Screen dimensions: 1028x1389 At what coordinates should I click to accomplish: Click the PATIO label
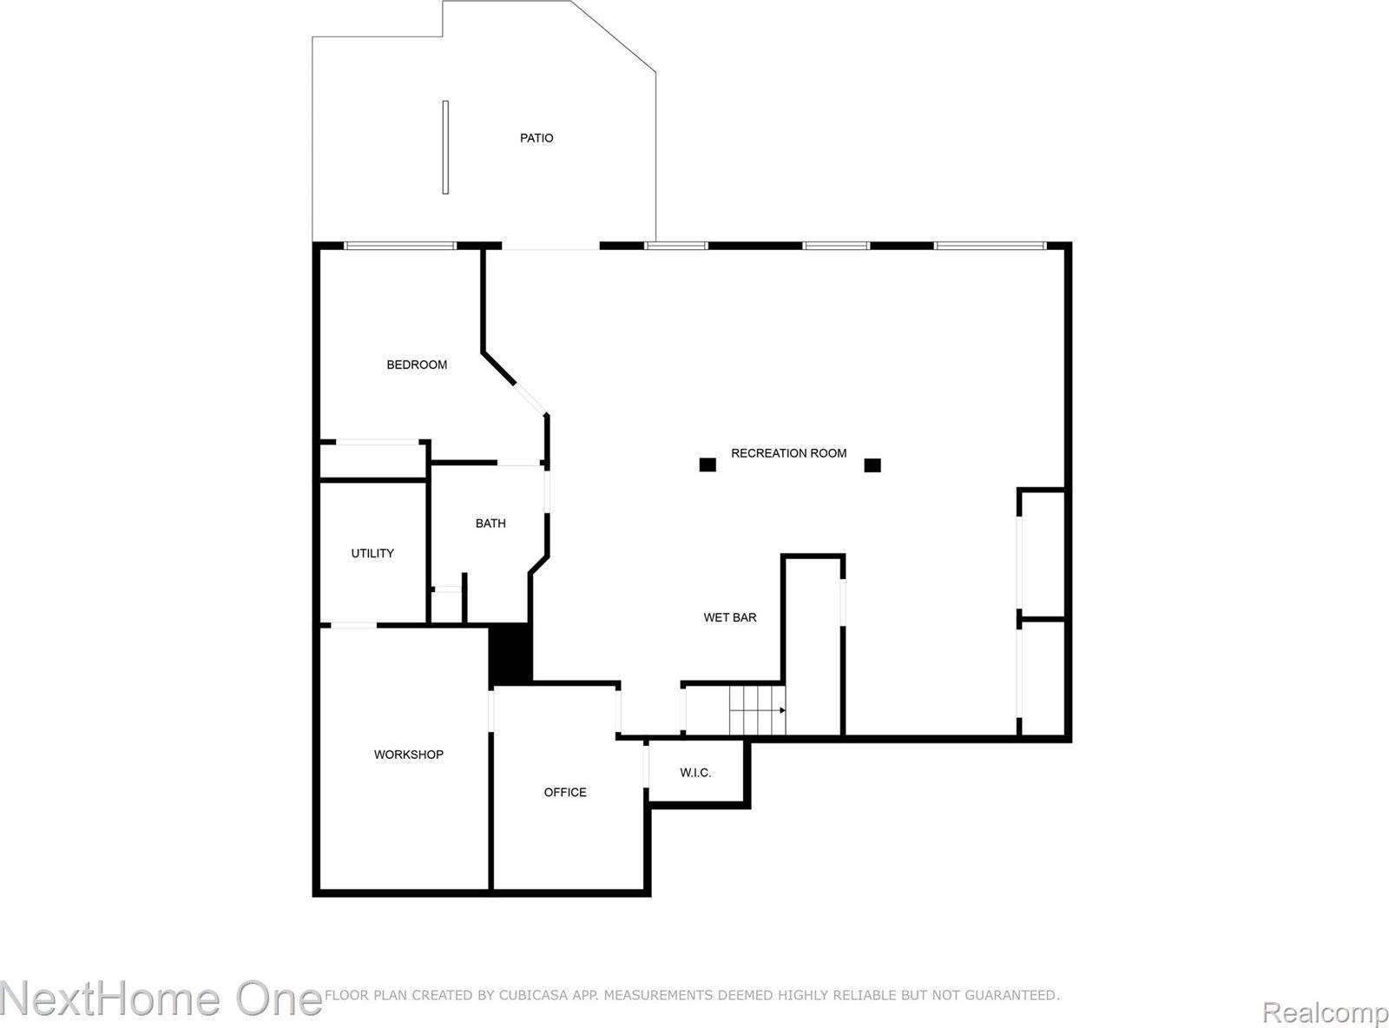pos(537,138)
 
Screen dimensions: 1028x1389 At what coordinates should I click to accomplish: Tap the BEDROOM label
pos(417,365)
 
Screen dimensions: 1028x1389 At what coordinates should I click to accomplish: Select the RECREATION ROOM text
pos(788,453)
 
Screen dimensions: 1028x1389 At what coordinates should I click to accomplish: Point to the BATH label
pos(490,524)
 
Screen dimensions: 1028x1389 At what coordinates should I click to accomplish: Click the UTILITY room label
pos(372,553)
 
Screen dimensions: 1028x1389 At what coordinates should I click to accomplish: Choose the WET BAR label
pos(729,617)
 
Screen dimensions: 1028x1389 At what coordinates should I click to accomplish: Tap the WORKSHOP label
pos(408,755)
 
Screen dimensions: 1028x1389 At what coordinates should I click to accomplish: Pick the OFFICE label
pos(565,792)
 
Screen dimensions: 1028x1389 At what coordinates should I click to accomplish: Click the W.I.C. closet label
pos(695,773)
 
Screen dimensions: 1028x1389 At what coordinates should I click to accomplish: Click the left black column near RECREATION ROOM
pos(708,465)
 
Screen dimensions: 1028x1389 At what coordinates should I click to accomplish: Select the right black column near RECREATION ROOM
pos(872,465)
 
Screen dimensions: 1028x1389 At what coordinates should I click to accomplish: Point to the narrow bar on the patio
pos(445,148)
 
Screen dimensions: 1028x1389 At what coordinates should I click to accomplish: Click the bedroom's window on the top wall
pos(400,247)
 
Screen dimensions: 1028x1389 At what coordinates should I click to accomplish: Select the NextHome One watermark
pos(161,998)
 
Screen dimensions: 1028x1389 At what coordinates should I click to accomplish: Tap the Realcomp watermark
pos(1325,1012)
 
